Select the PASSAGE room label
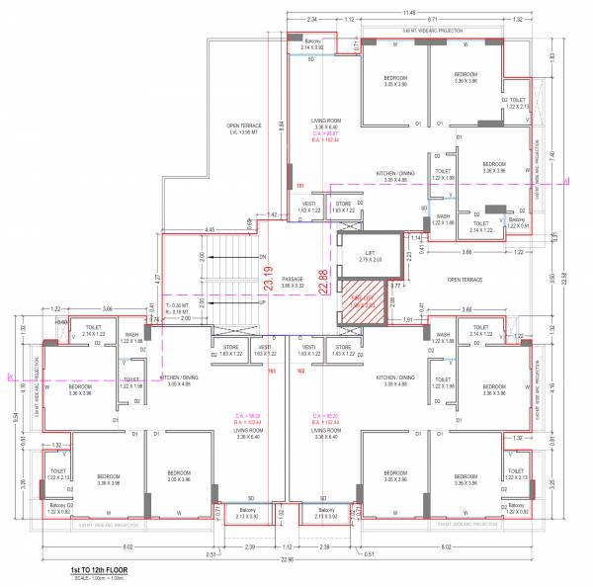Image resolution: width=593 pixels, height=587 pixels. (x=294, y=281)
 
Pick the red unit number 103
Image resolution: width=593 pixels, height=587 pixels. (x=272, y=371)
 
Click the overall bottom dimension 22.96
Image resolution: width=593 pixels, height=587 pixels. (x=288, y=559)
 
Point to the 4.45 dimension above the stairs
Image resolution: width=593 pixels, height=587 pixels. (x=210, y=230)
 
